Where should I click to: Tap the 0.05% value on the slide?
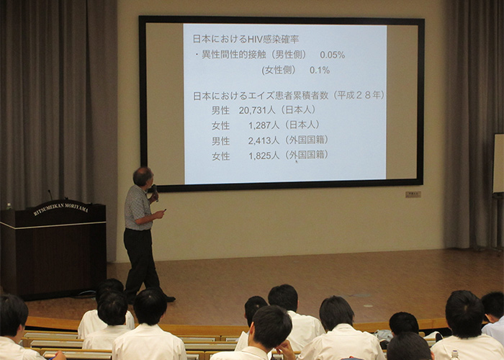[x=332, y=55]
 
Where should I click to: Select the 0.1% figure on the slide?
[x=320, y=70]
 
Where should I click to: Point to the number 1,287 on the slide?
[x=260, y=125]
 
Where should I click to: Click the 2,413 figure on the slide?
[x=259, y=140]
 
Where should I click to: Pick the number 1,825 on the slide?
[x=260, y=156]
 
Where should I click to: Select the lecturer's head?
[x=143, y=176]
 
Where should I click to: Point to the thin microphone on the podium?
[x=50, y=195]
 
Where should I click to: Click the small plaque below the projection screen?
[x=413, y=194]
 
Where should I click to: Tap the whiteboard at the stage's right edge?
[x=498, y=163]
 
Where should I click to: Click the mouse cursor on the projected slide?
[x=297, y=161]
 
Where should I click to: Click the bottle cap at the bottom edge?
[x=454, y=353]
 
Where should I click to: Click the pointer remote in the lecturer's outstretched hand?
[x=165, y=210]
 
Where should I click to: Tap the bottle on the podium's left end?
[x=9, y=206]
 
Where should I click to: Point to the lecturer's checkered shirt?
[x=138, y=207]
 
